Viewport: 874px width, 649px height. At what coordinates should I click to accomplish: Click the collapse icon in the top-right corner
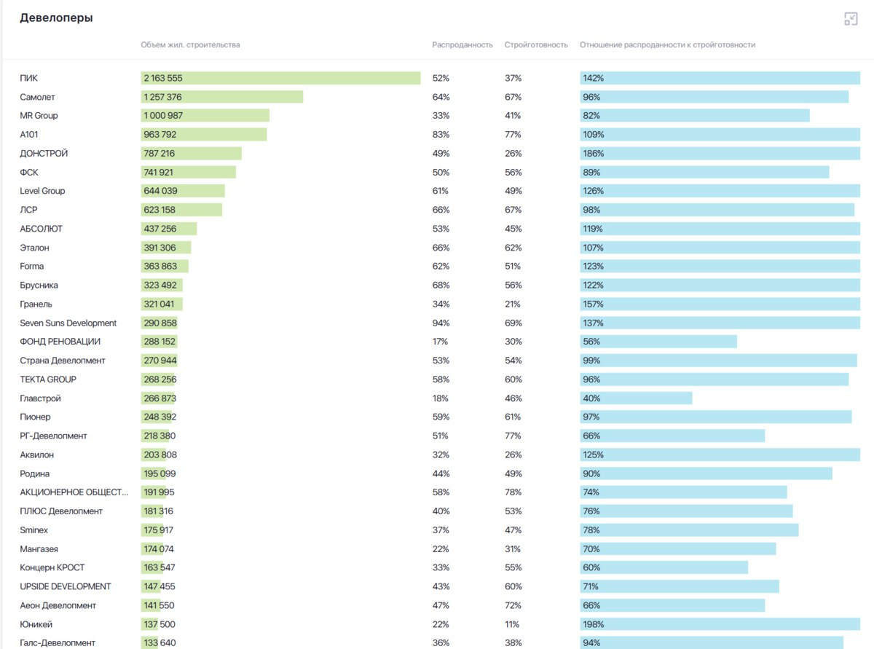pos(850,19)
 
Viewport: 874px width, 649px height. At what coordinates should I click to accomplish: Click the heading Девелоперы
pos(56,17)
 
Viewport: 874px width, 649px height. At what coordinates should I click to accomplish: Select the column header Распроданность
pos(462,45)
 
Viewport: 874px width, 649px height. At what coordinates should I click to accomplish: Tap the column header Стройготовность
pos(535,45)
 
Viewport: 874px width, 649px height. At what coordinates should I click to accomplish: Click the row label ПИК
pos(28,78)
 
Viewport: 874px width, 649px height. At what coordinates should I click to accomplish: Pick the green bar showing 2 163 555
pos(280,78)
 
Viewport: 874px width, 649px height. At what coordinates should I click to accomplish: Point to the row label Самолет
pos(37,97)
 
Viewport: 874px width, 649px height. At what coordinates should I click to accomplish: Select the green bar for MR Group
pos(205,116)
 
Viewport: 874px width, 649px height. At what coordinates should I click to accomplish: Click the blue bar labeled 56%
pos(658,342)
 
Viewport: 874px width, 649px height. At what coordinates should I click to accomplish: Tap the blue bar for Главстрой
pos(636,398)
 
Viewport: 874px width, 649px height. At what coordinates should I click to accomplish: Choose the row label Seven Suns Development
pos(68,323)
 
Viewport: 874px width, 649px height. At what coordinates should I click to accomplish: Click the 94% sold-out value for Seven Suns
pos(440,323)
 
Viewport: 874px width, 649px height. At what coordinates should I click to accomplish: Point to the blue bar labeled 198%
pos(720,624)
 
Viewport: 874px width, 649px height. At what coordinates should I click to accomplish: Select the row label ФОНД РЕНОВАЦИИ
pos(60,342)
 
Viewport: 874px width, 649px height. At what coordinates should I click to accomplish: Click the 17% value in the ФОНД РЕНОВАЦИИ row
pos(440,342)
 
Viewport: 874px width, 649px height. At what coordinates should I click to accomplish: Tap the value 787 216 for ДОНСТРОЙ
pos(159,154)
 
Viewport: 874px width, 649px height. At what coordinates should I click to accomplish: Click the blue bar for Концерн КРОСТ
pos(664,567)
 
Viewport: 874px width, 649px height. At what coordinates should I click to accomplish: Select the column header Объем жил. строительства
pos(190,45)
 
